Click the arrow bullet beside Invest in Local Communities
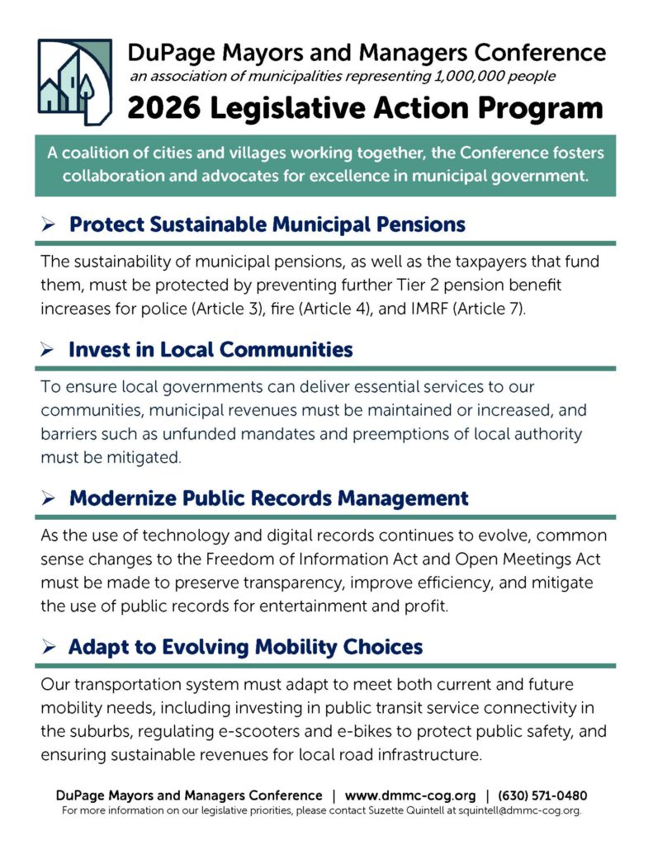[47, 350]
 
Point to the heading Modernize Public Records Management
[268, 498]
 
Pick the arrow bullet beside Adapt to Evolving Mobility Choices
[47, 647]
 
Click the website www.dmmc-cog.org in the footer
[410, 795]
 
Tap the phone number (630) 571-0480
[542, 795]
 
